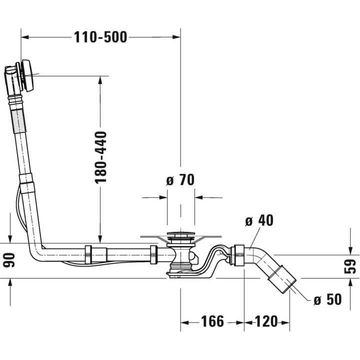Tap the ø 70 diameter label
pyautogui.click(x=180, y=180)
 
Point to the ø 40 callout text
pyautogui.click(x=259, y=220)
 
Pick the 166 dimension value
pyautogui.click(x=212, y=321)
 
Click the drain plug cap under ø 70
pyautogui.click(x=180, y=234)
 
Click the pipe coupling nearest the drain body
pyautogui.click(x=153, y=254)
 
